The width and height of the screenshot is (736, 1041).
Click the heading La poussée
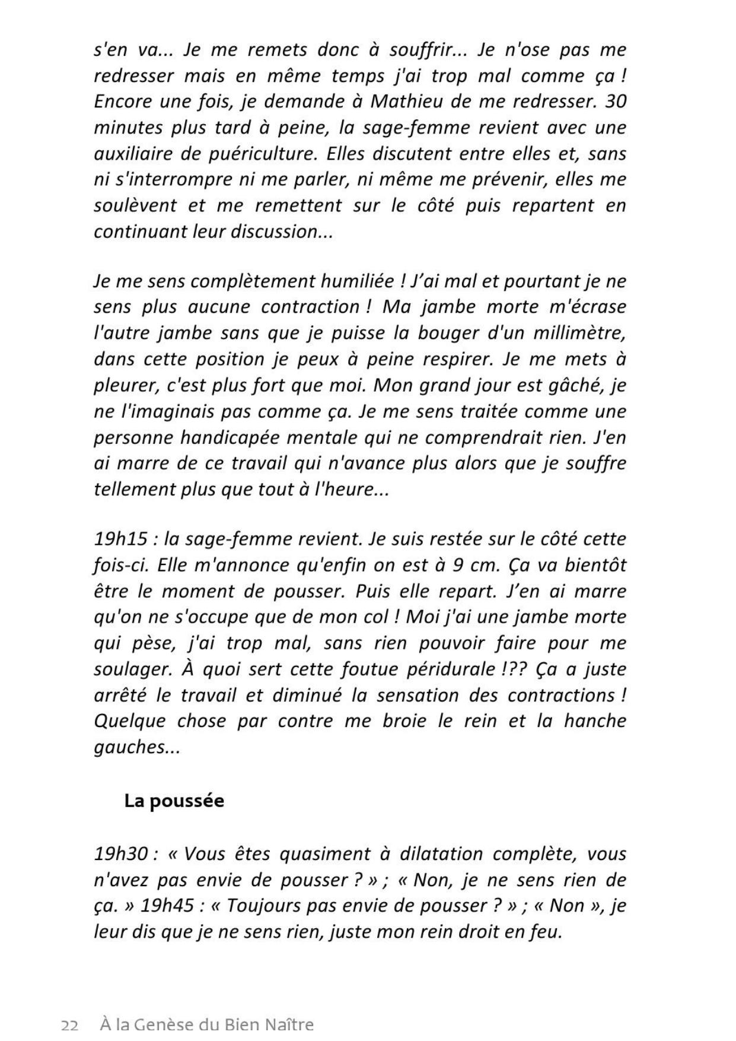174,801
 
